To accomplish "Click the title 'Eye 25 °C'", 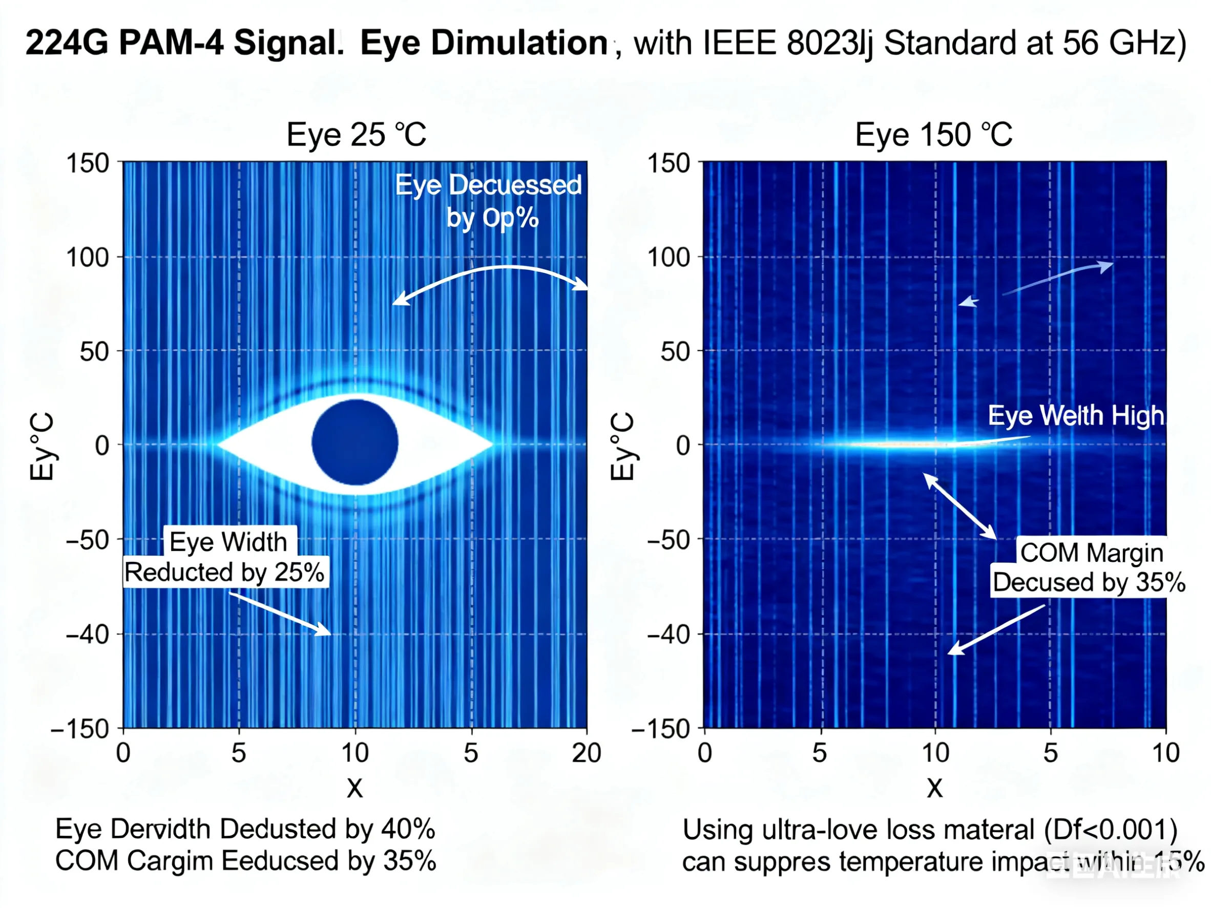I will click(x=357, y=135).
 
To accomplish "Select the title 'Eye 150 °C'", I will click(x=933, y=135).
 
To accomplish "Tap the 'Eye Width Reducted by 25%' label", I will click(x=226, y=557).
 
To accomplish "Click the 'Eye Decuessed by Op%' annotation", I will click(x=489, y=201).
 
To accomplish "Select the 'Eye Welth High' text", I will click(x=1076, y=415).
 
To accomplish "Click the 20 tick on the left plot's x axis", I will click(x=587, y=753).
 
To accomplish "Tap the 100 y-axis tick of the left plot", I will click(x=88, y=257).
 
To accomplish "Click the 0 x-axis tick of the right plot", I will click(x=704, y=753).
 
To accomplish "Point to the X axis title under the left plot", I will click(x=355, y=789).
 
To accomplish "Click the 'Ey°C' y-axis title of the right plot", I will click(x=622, y=446).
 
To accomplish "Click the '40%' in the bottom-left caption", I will click(x=408, y=829).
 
